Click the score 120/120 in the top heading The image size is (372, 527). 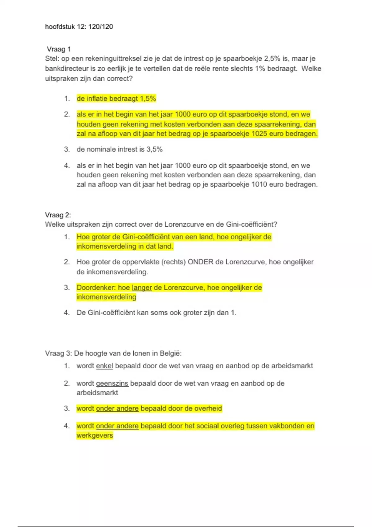point(100,27)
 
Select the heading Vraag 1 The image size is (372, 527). point(59,49)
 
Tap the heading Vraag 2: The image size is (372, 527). point(58,215)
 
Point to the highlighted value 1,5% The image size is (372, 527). point(148,99)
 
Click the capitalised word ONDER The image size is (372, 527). point(201,262)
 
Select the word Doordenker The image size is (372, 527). point(96,288)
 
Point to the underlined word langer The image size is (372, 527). point(142,288)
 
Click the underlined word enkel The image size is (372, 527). point(104,366)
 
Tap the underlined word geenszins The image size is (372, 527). point(112,383)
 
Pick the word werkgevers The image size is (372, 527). point(95,436)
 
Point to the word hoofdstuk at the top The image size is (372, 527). point(60,27)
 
